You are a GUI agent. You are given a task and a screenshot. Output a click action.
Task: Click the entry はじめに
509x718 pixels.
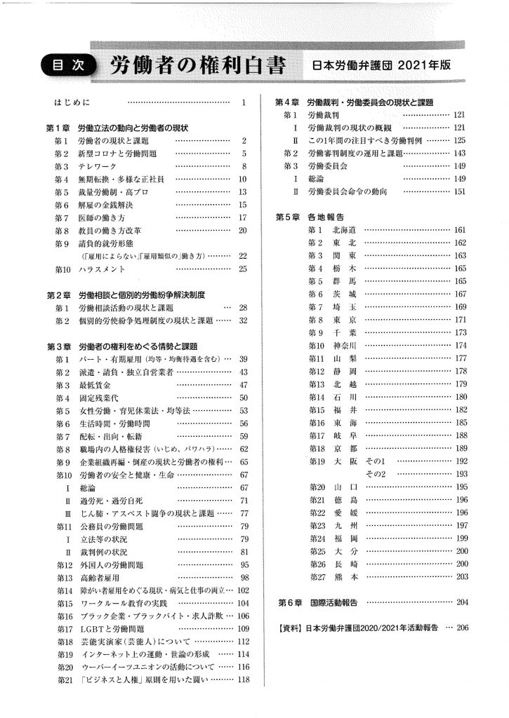coord(72,104)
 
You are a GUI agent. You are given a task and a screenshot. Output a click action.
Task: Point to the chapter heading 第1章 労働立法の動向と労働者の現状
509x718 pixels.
coord(118,128)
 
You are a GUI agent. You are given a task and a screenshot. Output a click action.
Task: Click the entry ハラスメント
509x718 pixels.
coord(102,269)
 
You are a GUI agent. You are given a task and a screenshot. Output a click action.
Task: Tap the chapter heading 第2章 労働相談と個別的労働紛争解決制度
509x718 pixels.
coord(131,294)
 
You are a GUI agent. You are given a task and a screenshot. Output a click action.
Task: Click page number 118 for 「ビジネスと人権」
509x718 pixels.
coord(244,679)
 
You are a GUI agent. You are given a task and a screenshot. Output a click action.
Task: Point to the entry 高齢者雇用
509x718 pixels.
coord(98,578)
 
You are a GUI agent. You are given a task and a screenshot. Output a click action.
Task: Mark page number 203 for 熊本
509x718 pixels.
coord(461,576)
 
